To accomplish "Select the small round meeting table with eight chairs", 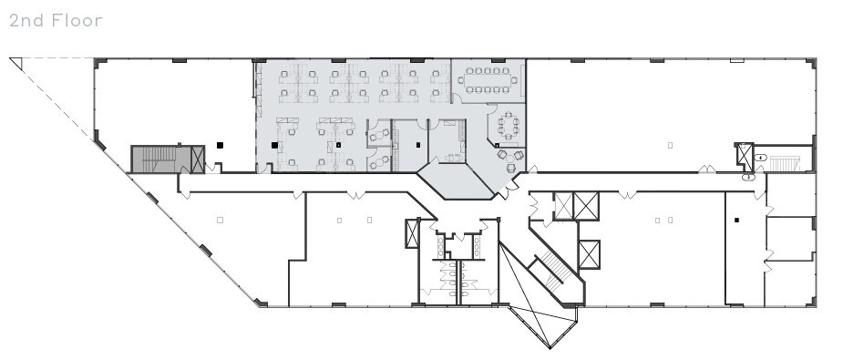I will pyautogui.click(x=506, y=127).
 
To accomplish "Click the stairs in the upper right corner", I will pyautogui.click(x=783, y=163).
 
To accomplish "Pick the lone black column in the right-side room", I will pyautogui.click(x=736, y=220).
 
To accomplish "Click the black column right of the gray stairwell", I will pyautogui.click(x=221, y=144).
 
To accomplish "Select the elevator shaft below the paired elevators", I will pyautogui.click(x=589, y=254).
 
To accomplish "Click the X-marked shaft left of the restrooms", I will pyautogui.click(x=412, y=234).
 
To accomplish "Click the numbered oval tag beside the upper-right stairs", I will pyautogui.click(x=759, y=158).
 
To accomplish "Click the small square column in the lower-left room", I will pyautogui.click(x=221, y=220).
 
